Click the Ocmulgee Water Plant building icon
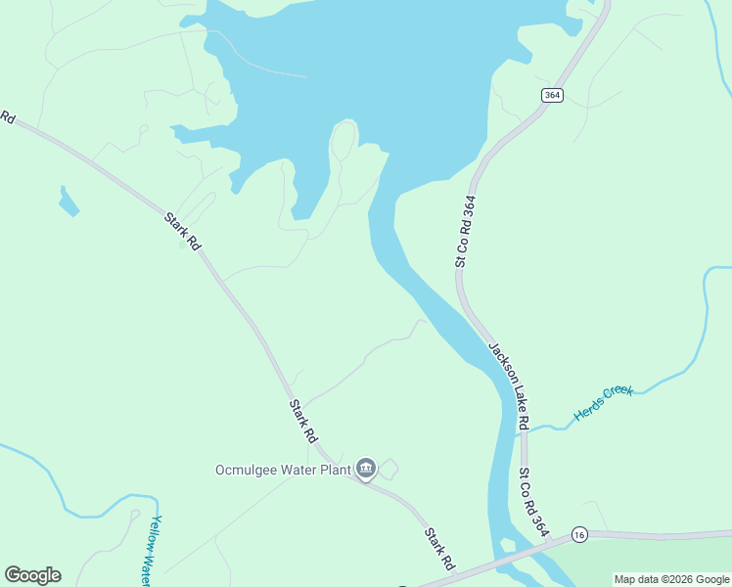[x=367, y=470]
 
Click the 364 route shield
[x=551, y=94]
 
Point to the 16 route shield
[x=579, y=534]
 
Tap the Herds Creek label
[x=604, y=403]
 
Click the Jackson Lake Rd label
[x=509, y=385]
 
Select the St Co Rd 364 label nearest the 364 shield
[x=466, y=232]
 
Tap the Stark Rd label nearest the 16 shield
[x=439, y=550]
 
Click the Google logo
[x=32, y=575]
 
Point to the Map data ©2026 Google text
[x=671, y=579]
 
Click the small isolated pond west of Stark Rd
[x=68, y=203]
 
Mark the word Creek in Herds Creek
[x=618, y=395]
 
